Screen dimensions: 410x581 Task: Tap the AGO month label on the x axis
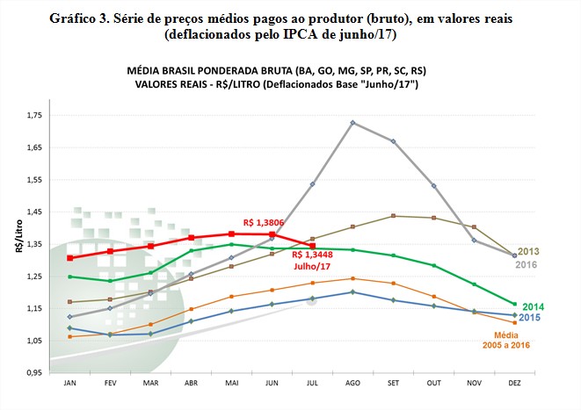click(x=352, y=384)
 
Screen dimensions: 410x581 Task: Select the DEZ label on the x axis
click(x=514, y=384)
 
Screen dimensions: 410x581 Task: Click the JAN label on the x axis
click(x=70, y=384)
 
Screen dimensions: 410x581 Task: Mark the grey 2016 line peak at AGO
click(x=353, y=122)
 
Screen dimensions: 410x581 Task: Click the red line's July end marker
click(x=313, y=246)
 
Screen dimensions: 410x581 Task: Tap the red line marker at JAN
click(x=70, y=258)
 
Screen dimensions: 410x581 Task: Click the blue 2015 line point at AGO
click(x=353, y=291)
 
